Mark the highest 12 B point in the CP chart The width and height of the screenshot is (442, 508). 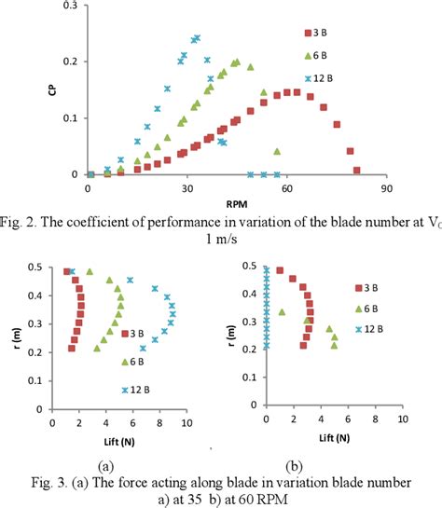click(x=196, y=38)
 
